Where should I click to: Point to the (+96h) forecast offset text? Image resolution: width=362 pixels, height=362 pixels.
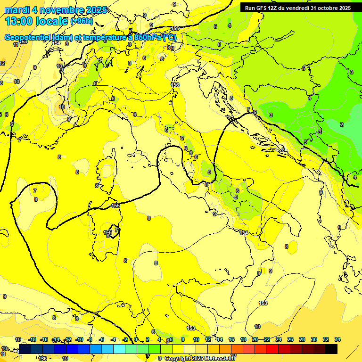point(81,21)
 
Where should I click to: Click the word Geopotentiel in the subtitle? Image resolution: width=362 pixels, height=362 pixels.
point(28,38)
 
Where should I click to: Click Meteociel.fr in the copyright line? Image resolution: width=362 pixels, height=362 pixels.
point(224,358)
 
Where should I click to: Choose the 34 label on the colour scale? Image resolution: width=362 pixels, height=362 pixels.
point(337,339)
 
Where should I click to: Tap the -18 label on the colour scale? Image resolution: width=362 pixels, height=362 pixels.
point(32,339)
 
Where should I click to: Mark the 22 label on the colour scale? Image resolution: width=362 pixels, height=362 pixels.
point(267,339)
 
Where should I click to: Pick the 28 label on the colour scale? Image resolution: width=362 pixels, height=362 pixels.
point(302,339)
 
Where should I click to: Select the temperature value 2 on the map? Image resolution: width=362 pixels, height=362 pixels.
point(342,124)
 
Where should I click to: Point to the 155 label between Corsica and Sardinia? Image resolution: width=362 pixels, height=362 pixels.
point(115,206)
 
